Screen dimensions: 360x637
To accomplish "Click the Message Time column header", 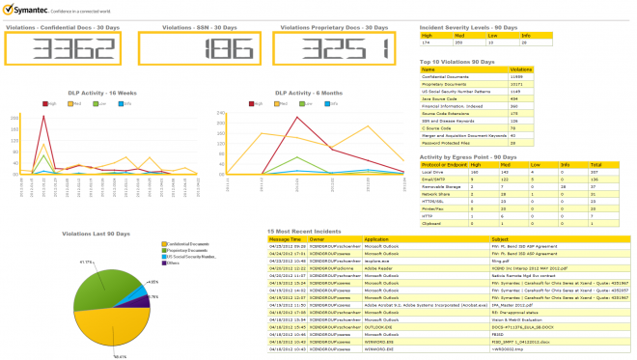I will click(284, 238).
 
